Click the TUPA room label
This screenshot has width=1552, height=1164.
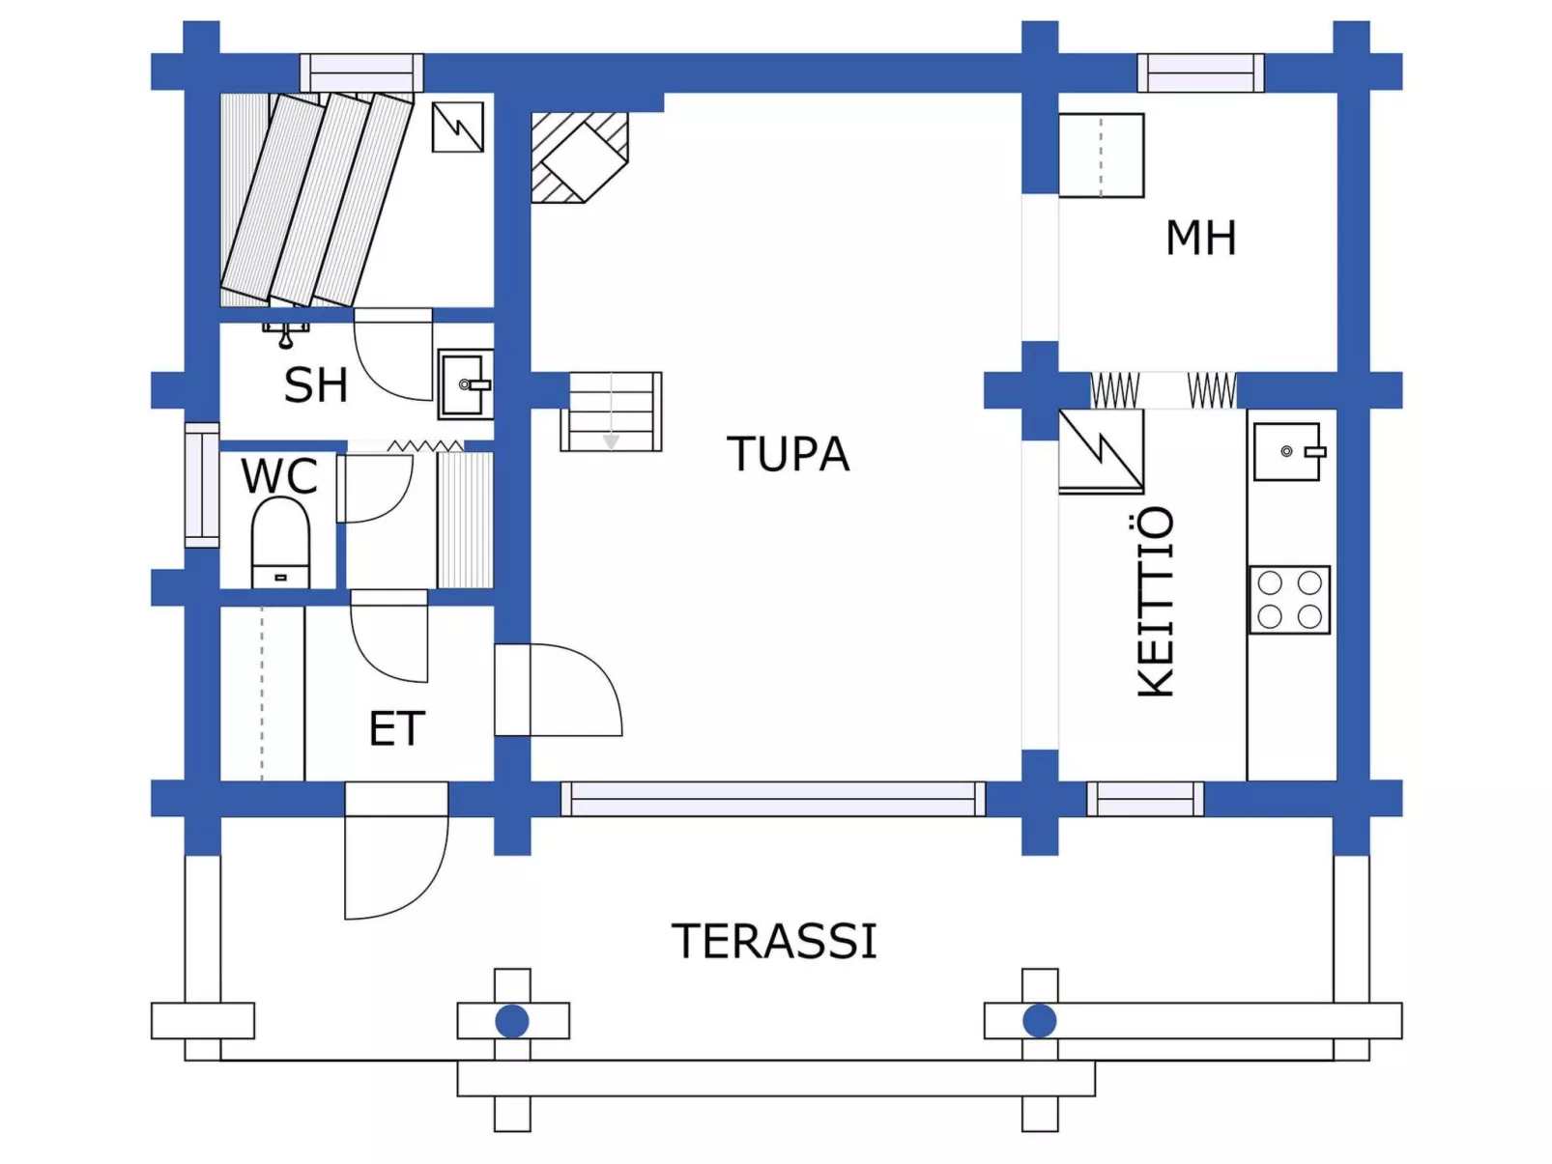(x=788, y=454)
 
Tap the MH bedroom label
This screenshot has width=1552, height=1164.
(x=1200, y=238)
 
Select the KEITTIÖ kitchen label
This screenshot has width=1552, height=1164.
(x=1156, y=601)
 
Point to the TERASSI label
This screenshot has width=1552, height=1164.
(x=774, y=941)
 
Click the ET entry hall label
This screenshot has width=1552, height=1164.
(x=396, y=728)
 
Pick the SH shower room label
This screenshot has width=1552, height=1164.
(x=316, y=384)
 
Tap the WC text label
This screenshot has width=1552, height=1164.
(x=278, y=475)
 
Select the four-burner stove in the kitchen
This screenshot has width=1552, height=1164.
(x=1289, y=600)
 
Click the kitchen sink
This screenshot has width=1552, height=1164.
(x=1287, y=451)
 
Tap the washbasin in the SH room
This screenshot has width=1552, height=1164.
(x=465, y=384)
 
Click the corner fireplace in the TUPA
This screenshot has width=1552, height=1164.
(x=578, y=157)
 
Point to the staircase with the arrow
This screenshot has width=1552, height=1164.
(x=611, y=412)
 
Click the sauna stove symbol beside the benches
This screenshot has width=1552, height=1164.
(x=457, y=128)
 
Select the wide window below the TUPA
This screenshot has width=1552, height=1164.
(x=773, y=799)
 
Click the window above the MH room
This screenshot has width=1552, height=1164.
(x=1200, y=72)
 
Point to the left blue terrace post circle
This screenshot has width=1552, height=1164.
(x=512, y=1021)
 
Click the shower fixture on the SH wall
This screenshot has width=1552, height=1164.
(x=286, y=334)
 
